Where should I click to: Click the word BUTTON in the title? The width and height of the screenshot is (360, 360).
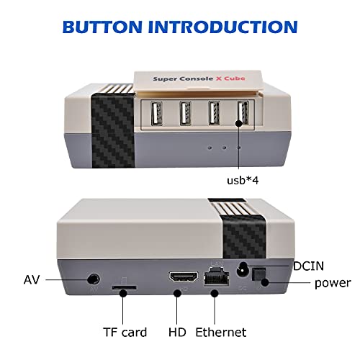106,27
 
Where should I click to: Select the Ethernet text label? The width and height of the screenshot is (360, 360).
221,332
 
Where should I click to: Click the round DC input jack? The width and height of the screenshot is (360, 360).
243,269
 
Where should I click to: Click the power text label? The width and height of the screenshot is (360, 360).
332,283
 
